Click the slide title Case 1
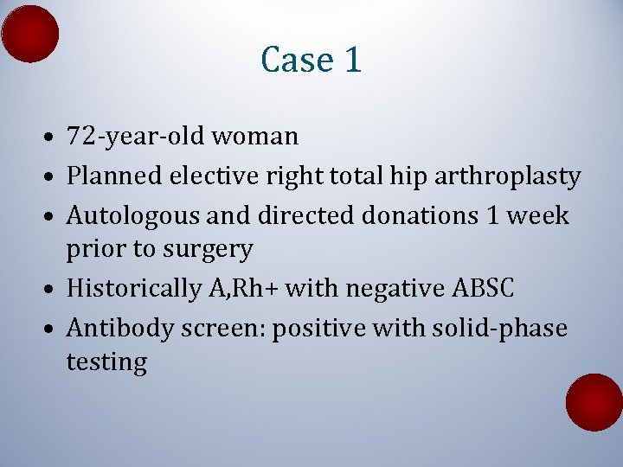tap(311, 60)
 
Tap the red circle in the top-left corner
tap(30, 34)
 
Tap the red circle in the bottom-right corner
tap(594, 402)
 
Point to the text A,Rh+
tap(242, 289)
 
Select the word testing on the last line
tap(106, 362)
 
